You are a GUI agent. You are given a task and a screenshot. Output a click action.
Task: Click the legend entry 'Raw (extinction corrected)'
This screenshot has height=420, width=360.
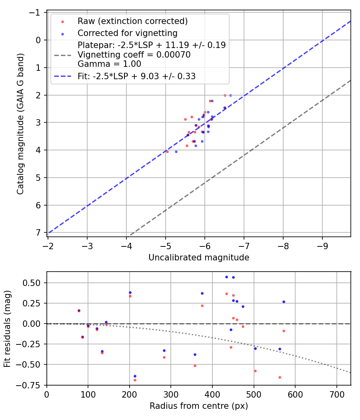tap(132, 21)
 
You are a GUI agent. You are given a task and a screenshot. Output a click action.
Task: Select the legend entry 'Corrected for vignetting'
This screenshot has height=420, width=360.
tap(127, 33)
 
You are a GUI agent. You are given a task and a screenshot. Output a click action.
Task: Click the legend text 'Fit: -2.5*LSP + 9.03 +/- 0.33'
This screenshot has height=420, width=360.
tap(136, 76)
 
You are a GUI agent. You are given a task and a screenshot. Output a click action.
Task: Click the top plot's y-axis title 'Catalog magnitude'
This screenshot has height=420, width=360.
tap(20, 124)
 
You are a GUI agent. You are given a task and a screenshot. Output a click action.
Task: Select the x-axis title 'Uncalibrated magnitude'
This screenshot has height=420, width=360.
tap(199, 258)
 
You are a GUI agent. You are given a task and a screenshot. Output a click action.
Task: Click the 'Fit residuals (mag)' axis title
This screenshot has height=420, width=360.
tap(7, 328)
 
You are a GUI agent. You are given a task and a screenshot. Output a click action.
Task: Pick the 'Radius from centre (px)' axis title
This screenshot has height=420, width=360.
tap(199, 406)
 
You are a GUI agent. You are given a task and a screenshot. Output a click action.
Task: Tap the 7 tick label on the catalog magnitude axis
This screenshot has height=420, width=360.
tap(38, 233)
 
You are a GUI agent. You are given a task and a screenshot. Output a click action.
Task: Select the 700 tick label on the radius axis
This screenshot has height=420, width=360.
tap(336, 395)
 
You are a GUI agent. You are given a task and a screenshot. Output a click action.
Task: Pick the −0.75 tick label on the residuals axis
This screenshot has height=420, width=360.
tap(31, 385)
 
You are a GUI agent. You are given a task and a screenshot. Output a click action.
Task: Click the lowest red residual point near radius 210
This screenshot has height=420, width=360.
tap(135, 380)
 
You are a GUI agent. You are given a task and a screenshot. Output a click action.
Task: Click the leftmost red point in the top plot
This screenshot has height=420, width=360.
tap(167, 152)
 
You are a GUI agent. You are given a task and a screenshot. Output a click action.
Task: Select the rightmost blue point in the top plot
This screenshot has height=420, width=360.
tap(230, 95)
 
